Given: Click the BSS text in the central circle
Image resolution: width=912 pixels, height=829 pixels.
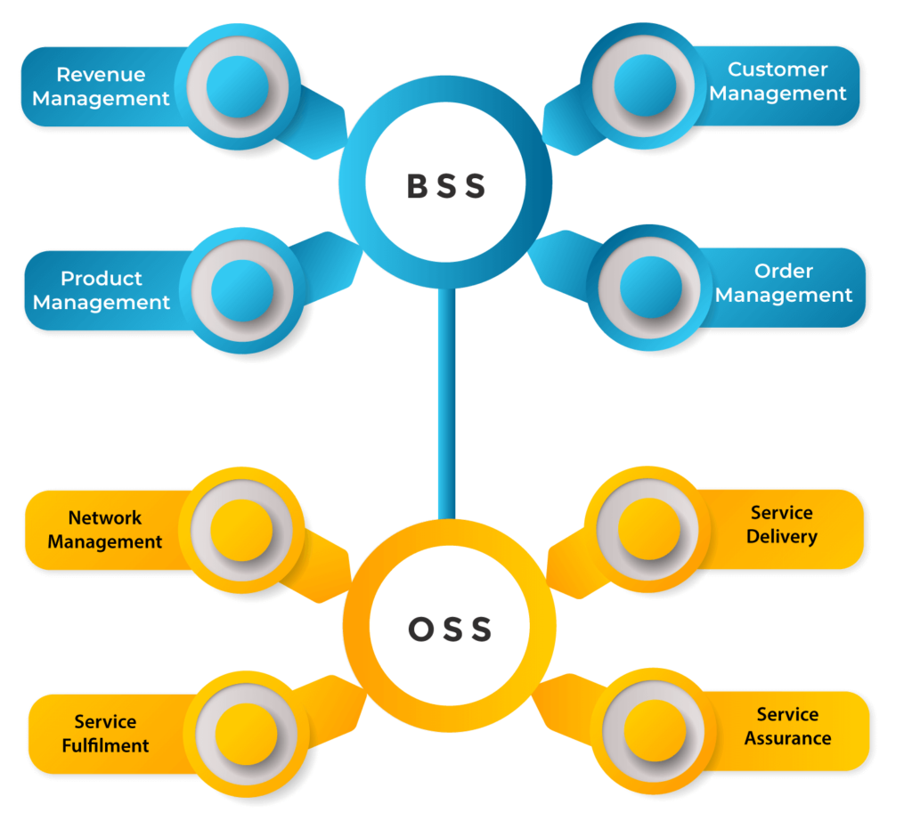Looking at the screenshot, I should [x=446, y=186].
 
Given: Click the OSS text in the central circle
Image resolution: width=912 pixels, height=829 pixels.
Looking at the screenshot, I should [x=450, y=630].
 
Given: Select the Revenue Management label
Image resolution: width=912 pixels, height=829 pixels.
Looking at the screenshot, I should [x=101, y=86].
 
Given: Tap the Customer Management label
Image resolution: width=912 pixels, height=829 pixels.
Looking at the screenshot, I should [x=778, y=81].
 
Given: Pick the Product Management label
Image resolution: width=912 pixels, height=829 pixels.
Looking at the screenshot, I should [x=102, y=290].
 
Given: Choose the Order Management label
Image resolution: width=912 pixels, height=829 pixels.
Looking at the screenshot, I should [x=784, y=283].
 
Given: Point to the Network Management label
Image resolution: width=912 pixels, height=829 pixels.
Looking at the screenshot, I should [x=105, y=530].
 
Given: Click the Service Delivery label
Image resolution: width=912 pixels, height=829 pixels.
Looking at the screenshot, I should [x=782, y=524].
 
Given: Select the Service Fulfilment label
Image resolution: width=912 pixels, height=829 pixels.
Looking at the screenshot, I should [x=105, y=734].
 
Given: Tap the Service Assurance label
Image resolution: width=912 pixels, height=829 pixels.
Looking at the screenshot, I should [x=788, y=726].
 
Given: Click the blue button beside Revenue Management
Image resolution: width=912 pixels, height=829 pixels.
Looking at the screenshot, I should [x=237, y=86].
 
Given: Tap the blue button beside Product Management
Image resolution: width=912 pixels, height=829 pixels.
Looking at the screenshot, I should [x=242, y=290].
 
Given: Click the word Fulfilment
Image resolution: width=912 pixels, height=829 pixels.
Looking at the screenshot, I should [x=105, y=745].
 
